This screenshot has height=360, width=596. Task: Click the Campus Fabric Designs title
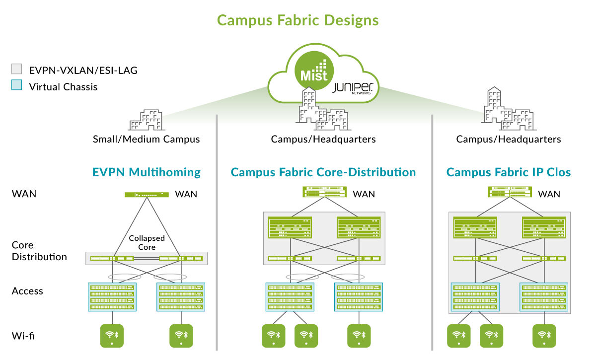pos(298,20)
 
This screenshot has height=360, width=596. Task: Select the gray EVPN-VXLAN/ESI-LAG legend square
pos(17,69)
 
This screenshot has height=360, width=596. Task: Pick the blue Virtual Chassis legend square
pos(17,86)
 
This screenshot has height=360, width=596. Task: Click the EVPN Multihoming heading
pos(147,172)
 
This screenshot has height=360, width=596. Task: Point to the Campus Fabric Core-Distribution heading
pos(323,172)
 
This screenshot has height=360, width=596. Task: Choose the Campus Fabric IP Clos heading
pos(509,172)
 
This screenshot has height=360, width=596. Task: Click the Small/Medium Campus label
pos(147,139)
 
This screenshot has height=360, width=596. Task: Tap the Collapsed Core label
pos(147,242)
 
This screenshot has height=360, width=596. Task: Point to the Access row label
pos(27,291)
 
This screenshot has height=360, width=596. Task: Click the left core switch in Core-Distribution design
pos(290,228)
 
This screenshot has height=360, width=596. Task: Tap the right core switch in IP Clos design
pos(543,228)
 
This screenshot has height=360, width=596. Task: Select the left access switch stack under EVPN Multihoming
pos(112,297)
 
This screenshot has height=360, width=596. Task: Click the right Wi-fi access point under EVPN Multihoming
pos(181,336)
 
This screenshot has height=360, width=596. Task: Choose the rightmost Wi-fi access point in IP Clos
pos(544,336)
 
